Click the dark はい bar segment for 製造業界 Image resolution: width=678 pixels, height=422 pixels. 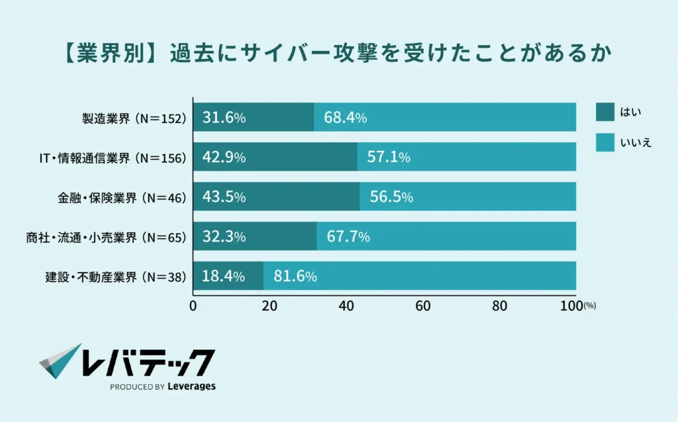(x=254, y=118)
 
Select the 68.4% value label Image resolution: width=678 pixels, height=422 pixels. (x=345, y=118)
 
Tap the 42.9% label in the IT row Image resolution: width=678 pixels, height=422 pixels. (x=224, y=157)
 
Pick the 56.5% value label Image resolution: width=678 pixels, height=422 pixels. (x=391, y=197)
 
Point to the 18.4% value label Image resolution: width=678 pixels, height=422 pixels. (x=224, y=276)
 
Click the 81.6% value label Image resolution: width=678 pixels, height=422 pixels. (x=295, y=276)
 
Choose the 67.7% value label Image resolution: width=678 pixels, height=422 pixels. (x=348, y=236)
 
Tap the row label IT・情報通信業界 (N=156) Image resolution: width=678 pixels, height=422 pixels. (x=113, y=157)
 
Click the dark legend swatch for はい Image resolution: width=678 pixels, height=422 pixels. (x=605, y=112)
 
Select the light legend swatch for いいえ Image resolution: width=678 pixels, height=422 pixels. (x=605, y=142)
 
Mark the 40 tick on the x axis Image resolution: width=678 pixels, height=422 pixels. (x=346, y=306)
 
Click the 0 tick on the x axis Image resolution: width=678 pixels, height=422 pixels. (x=193, y=306)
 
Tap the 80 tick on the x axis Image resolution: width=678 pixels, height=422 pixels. (x=499, y=306)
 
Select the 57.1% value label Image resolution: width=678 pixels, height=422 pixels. (x=389, y=157)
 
